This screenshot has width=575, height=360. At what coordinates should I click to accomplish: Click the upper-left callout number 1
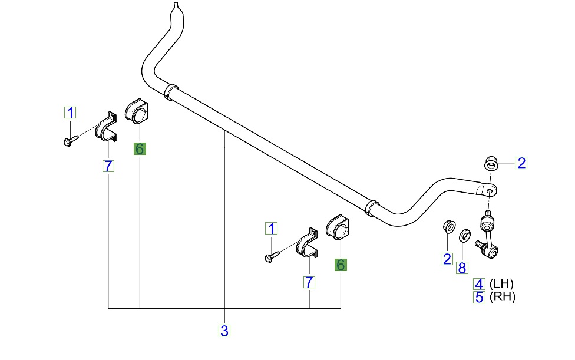pyautogui.click(x=70, y=113)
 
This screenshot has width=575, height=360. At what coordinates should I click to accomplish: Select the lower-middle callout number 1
pyautogui.click(x=271, y=229)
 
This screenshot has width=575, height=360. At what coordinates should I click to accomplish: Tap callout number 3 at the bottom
pyautogui.click(x=224, y=331)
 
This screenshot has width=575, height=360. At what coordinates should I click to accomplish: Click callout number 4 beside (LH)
pyautogui.click(x=480, y=283)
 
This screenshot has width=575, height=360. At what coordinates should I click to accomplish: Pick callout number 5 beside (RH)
pyautogui.click(x=480, y=297)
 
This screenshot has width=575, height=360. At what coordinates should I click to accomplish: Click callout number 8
pyautogui.click(x=462, y=268)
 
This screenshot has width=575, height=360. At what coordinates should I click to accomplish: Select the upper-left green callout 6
pyautogui.click(x=140, y=149)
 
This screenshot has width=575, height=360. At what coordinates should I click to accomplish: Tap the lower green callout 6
pyautogui.click(x=341, y=265)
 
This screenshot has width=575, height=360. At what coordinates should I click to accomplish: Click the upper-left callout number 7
pyautogui.click(x=108, y=166)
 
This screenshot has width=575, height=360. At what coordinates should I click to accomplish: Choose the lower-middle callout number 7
pyautogui.click(x=309, y=282)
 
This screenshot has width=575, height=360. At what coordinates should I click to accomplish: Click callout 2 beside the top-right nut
pyautogui.click(x=521, y=163)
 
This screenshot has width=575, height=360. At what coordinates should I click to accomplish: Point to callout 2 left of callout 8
pyautogui.click(x=447, y=258)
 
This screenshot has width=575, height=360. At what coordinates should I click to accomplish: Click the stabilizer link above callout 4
pyautogui.click(x=487, y=236)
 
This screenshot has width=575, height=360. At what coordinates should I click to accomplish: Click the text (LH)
pyautogui.click(x=503, y=283)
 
